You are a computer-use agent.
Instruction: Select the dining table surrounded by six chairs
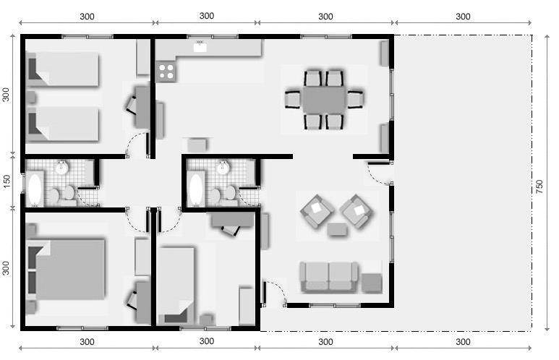click(324, 99)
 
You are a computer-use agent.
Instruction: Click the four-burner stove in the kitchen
click(166, 71)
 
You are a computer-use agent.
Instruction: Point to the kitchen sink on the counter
click(200, 48)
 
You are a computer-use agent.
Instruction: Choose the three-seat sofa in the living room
click(329, 276)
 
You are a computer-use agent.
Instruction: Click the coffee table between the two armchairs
click(336, 229)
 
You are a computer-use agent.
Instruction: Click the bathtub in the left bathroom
click(35, 189)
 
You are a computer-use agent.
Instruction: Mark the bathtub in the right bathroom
click(196, 189)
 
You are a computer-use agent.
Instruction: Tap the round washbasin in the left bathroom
click(62, 168)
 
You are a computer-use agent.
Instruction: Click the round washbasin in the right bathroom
click(223, 168)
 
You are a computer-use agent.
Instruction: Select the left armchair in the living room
click(317, 210)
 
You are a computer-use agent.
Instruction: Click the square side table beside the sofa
click(372, 283)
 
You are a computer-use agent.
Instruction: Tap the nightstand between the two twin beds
click(31, 97)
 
